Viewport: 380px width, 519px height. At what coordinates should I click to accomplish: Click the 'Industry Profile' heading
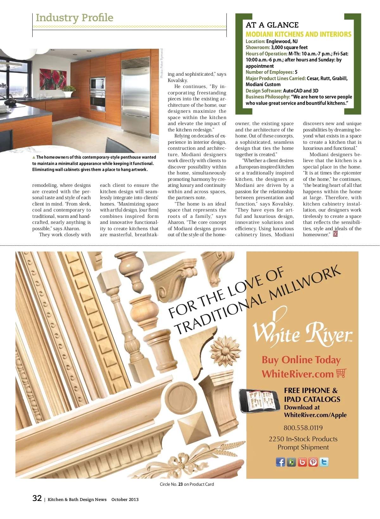pos(74,18)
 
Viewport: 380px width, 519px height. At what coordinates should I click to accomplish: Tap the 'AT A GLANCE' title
pos(272,25)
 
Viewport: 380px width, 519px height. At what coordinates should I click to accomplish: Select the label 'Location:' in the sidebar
pos(255,41)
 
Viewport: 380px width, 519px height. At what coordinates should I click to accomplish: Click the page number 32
pos(37,498)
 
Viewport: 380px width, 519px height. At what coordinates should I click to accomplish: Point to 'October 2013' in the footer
pos(125,499)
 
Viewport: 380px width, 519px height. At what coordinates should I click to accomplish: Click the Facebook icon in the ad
pos(281,462)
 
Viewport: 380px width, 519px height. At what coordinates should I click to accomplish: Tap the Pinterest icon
pos(313,462)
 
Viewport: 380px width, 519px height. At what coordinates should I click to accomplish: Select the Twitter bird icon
pos(324,462)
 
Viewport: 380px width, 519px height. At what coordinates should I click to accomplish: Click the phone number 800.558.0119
pos(303,428)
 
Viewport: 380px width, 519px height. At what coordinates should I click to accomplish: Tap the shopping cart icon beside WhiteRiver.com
pos(341,373)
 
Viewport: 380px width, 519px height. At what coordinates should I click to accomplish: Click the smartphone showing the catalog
pos(259,401)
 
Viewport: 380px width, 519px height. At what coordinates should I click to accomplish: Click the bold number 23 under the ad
pos(180,484)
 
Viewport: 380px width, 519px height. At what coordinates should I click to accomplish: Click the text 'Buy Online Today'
pos(301,360)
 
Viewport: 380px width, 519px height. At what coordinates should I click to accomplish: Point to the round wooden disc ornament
pos(180,396)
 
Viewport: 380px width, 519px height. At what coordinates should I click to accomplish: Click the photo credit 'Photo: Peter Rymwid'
pos(161,63)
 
